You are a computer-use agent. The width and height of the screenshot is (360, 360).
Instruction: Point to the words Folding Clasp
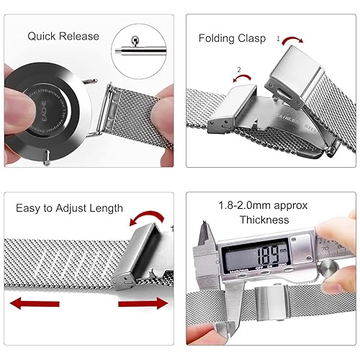(232, 38)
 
